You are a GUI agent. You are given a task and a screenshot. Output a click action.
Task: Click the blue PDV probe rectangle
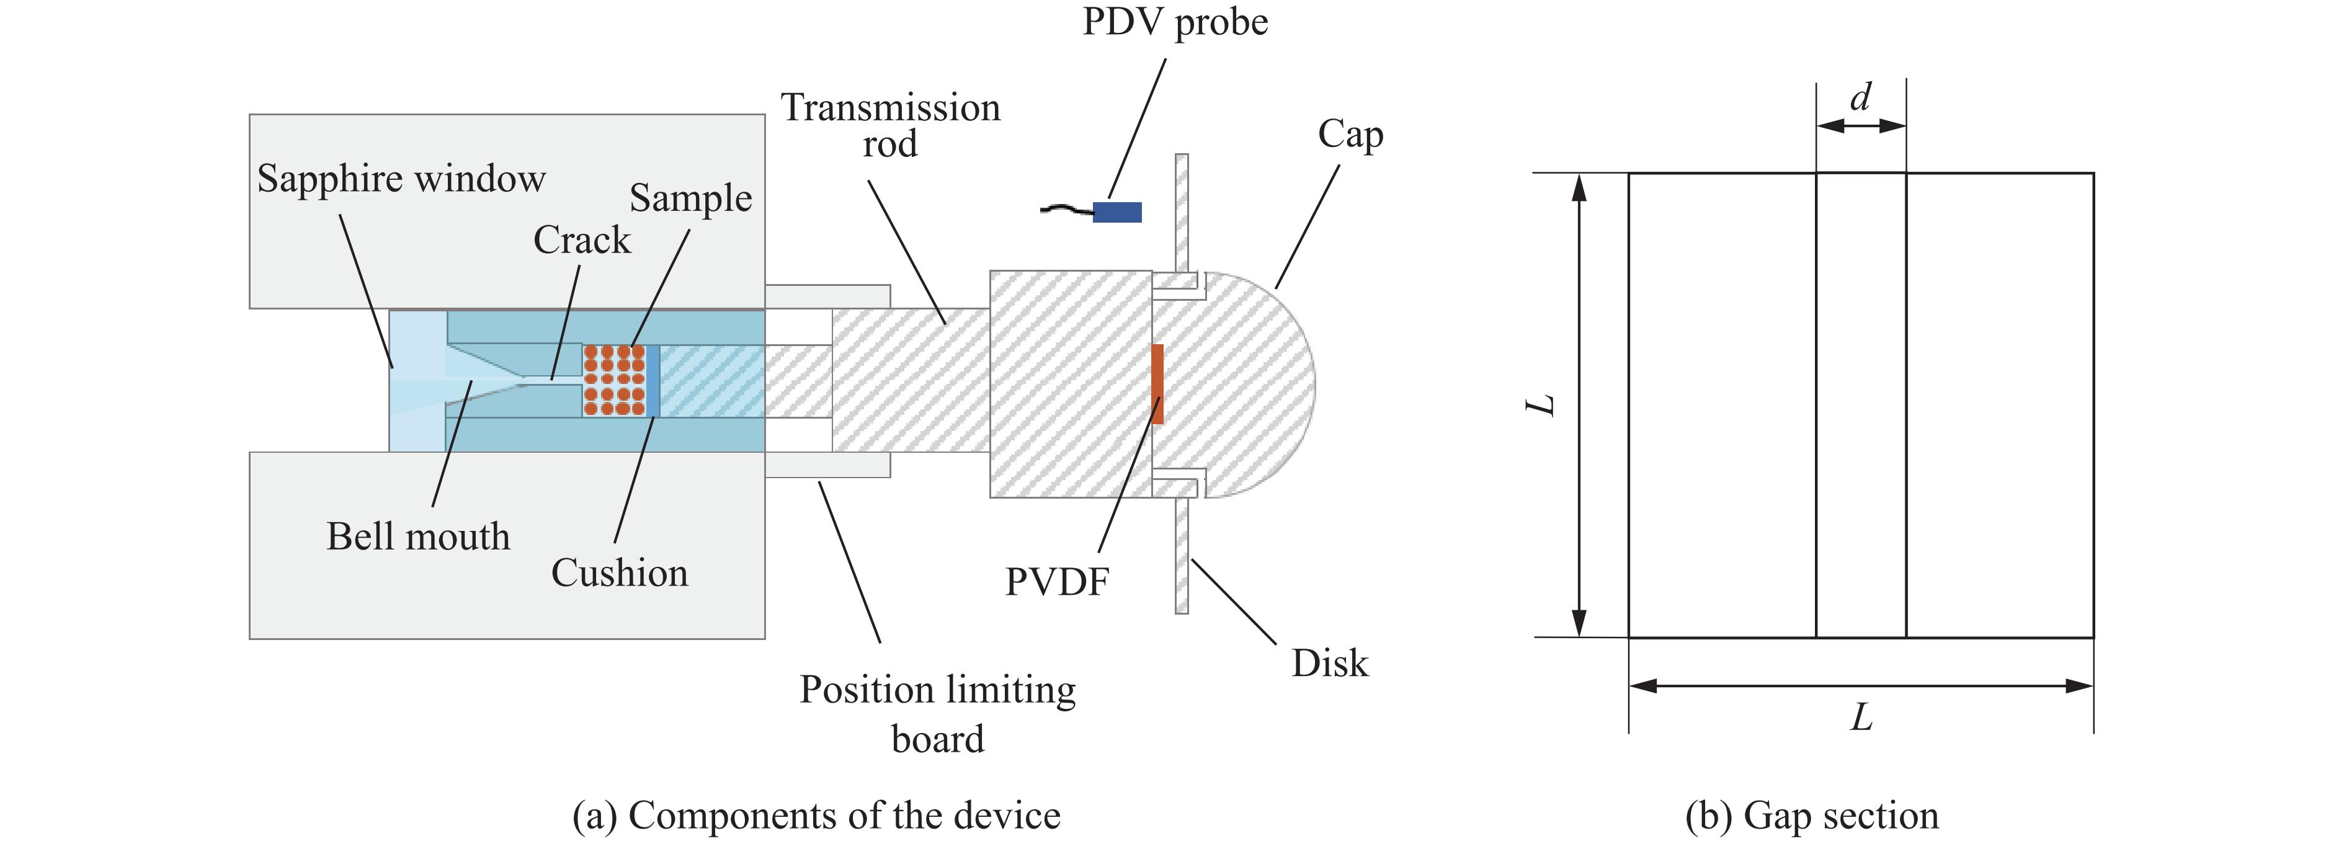[1116, 212]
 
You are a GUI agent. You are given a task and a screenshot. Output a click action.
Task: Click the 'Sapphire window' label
[401, 179]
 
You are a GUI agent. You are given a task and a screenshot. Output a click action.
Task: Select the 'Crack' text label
[581, 240]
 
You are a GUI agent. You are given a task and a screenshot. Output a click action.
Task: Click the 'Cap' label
[1350, 135]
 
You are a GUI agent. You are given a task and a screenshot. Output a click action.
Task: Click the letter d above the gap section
[1861, 97]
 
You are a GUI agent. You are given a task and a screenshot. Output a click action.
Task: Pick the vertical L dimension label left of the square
[1541, 405]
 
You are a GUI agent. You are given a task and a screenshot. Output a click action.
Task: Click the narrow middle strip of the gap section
[1861, 405]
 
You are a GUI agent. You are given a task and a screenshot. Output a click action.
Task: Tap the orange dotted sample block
[614, 380]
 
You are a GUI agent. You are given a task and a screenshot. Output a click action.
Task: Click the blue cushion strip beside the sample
[653, 380]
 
